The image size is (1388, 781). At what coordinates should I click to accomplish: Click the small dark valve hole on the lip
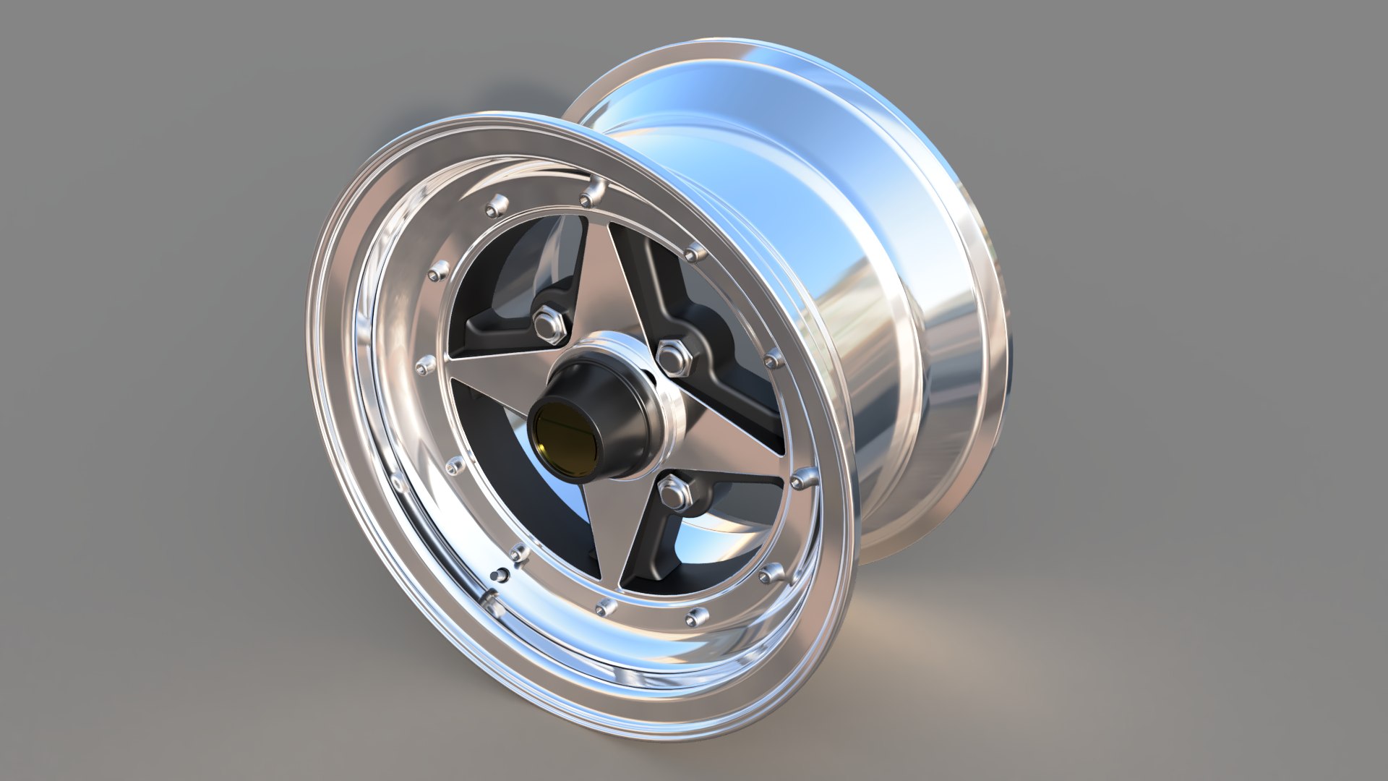pos(496,575)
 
